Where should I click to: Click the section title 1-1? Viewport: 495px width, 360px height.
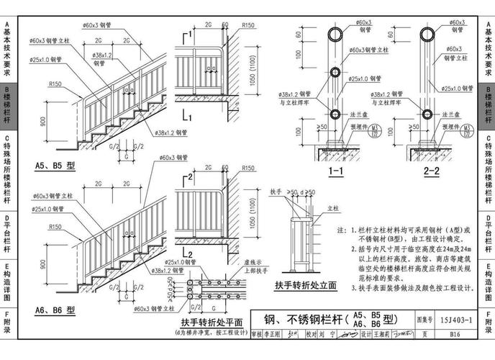pos(335,172)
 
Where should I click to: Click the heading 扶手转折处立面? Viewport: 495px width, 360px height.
pos(304,286)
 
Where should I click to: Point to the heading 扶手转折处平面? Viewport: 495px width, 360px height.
pos(212,322)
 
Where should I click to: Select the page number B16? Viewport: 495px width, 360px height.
pos(455,334)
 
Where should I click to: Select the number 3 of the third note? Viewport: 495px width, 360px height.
pos(354,287)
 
